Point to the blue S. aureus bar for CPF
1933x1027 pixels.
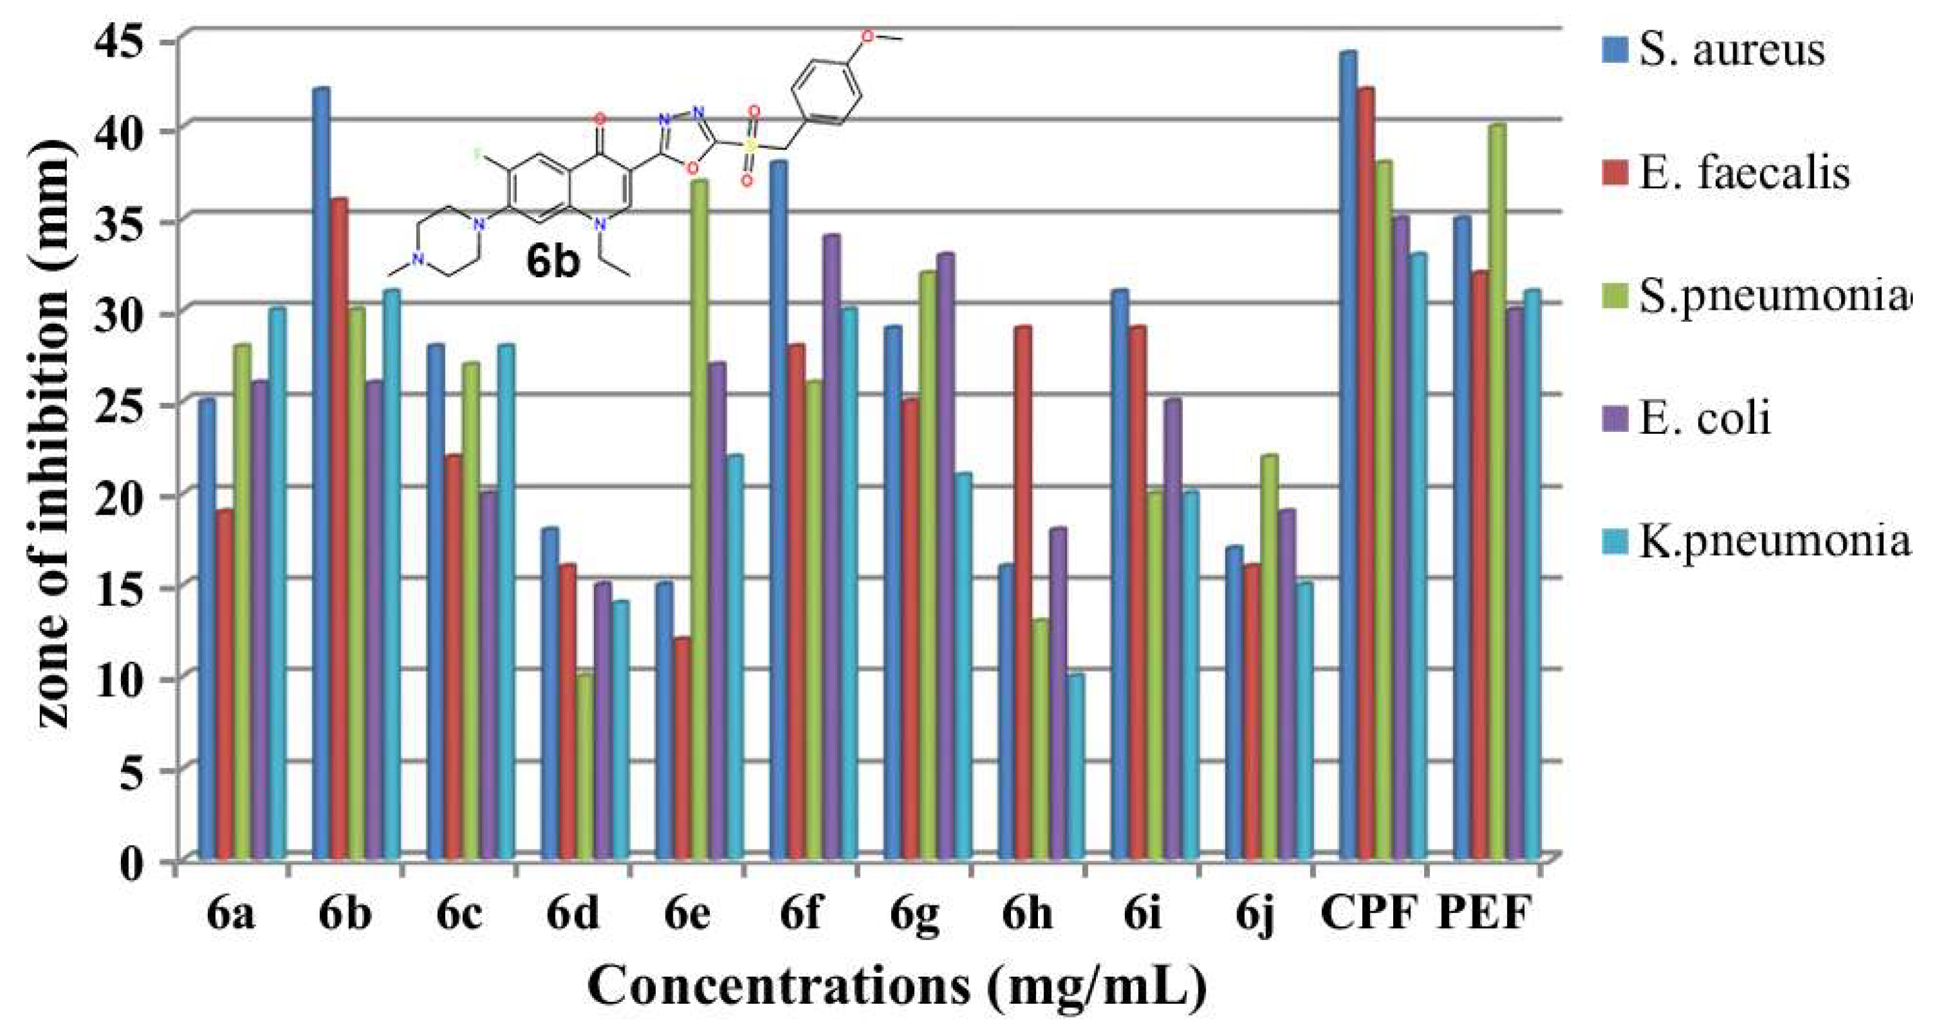[1348, 458]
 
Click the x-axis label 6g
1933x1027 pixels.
[915, 914]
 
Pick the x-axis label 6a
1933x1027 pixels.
[231, 913]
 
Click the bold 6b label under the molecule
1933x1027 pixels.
[553, 262]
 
